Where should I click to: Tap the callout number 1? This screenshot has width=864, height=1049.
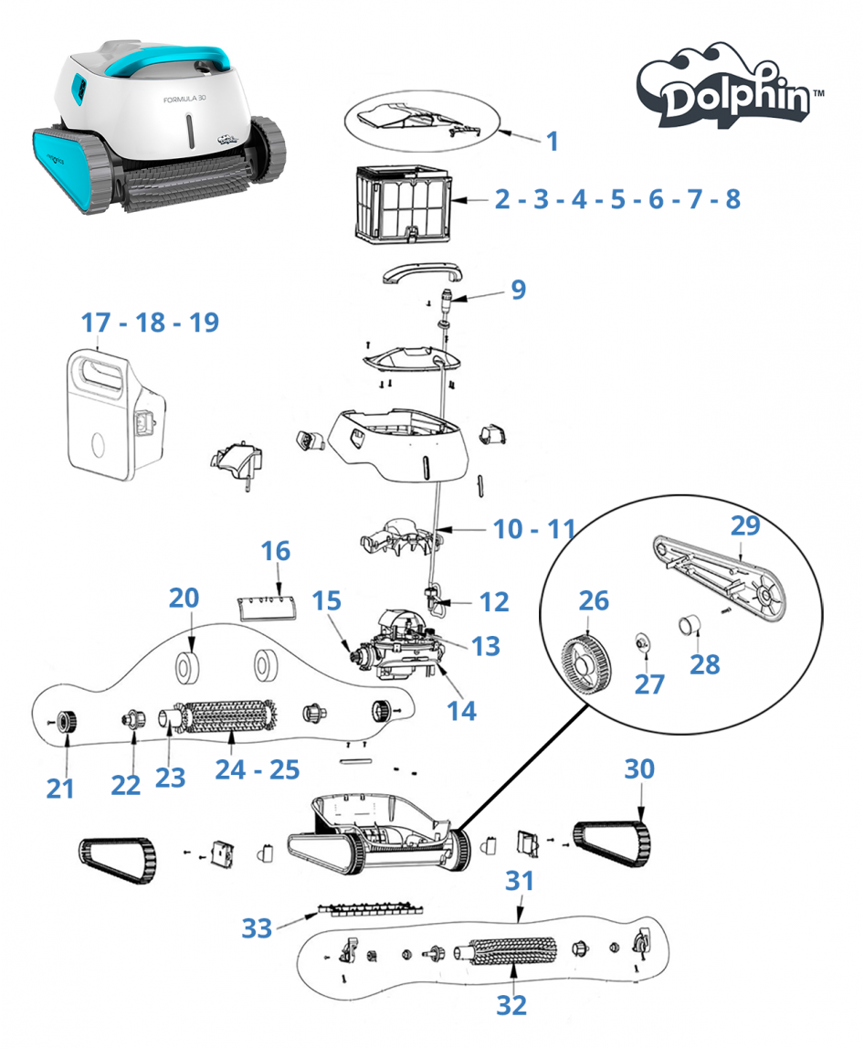click(551, 141)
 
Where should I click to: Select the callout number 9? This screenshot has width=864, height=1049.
click(518, 290)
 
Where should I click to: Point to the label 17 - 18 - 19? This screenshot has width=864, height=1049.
click(150, 323)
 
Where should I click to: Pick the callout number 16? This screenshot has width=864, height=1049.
click(275, 551)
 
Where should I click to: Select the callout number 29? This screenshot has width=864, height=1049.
click(745, 525)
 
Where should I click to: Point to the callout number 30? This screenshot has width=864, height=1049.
click(639, 769)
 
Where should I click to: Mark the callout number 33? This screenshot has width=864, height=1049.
click(257, 928)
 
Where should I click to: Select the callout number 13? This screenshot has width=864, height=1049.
click(486, 645)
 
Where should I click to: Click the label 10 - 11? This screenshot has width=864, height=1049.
click(534, 528)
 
